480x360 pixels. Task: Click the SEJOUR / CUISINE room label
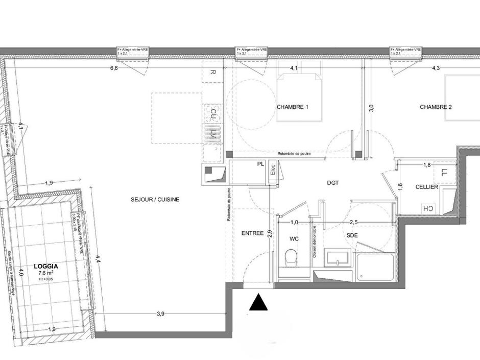pos(155,200)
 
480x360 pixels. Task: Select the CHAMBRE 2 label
pos(436,107)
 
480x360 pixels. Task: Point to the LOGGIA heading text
pos(46,266)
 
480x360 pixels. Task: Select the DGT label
pos(333,182)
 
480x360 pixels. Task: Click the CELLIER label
pos(426,187)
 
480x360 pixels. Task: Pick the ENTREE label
pos(252,233)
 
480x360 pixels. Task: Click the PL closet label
pos(260,164)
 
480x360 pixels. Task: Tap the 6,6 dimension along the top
pos(113,68)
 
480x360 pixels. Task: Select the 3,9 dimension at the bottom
pos(160,314)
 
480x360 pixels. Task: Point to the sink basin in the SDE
pos(338,258)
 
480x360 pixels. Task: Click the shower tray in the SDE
pos(375,267)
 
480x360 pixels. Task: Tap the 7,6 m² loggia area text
pos(46,273)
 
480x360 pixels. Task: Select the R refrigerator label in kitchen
pos(212,73)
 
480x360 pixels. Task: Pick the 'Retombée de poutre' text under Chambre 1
pos(295,154)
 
